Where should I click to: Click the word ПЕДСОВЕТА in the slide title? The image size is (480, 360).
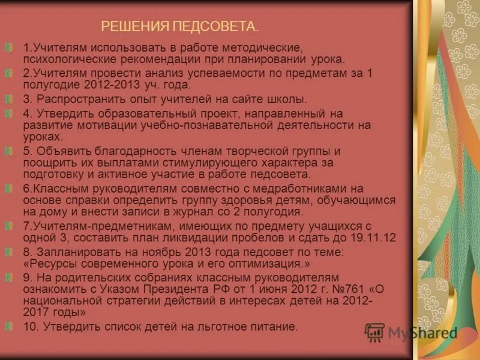click(215, 26)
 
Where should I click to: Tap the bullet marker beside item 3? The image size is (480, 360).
click(8, 99)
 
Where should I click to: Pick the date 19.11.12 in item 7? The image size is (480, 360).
click(373, 237)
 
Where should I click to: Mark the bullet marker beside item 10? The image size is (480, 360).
click(8, 326)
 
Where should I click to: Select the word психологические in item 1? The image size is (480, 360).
click(64, 59)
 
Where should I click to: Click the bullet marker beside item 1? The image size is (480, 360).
click(8, 47)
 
